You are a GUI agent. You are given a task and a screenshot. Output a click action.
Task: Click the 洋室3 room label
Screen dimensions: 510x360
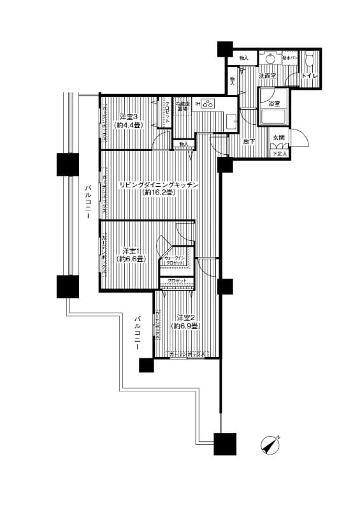click(129, 117)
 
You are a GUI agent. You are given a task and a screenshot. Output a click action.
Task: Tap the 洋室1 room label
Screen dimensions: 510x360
click(131, 250)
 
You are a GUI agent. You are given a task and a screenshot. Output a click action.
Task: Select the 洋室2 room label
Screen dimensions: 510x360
click(185, 317)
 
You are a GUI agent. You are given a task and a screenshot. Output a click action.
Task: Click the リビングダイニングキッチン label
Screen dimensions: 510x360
click(159, 185)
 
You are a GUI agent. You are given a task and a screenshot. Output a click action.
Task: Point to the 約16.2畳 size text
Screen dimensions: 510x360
click(159, 193)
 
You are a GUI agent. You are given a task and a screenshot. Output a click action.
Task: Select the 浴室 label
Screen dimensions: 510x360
click(275, 103)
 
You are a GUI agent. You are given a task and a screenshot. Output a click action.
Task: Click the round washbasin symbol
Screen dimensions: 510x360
click(271, 58)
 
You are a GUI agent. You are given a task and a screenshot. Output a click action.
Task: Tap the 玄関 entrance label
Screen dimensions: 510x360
click(278, 138)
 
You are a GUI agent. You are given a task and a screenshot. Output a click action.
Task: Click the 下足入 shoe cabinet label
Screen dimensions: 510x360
click(280, 154)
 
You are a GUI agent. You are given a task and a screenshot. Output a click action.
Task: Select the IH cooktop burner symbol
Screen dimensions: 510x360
click(208, 104)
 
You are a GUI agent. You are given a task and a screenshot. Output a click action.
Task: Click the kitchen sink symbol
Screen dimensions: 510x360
click(231, 121)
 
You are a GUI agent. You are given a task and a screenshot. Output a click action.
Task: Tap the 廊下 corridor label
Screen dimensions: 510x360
click(249, 142)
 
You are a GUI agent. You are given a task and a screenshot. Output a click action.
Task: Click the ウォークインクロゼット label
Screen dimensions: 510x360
click(175, 260)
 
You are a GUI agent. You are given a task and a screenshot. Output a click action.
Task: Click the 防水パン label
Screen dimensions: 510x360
click(288, 58)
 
